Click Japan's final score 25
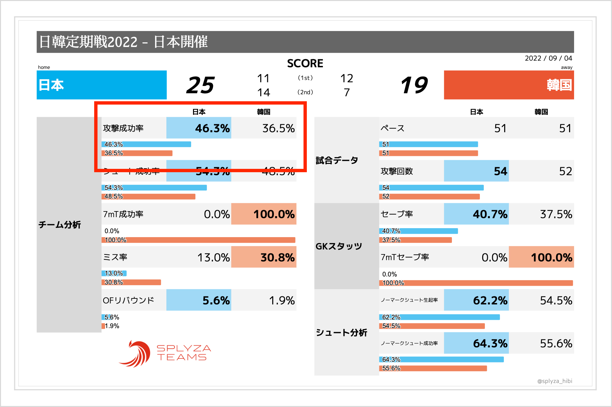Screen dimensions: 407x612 point(200,85)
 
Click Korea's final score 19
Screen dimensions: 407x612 point(414,85)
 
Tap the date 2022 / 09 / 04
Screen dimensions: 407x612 point(548,58)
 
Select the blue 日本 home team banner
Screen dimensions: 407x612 point(102,85)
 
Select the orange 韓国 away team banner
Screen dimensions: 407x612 point(509,85)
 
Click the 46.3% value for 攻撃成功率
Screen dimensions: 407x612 point(212,128)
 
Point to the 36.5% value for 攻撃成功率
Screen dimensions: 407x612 point(278,128)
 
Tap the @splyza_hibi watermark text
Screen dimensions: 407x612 point(554,381)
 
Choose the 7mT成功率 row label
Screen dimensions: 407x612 point(123,214)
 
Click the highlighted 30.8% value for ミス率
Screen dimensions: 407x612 point(277,257)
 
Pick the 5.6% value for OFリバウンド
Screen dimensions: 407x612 point(216,300)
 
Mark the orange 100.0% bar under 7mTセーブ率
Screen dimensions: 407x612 point(476,283)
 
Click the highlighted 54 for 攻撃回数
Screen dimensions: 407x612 point(500,171)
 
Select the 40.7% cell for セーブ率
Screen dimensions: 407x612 point(490,214)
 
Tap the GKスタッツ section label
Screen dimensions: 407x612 point(339,246)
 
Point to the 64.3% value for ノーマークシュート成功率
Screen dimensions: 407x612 point(490,343)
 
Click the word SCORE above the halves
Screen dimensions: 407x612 point(305,63)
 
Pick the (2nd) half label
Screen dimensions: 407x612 point(305,92)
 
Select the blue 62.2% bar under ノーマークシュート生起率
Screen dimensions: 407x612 point(439,317)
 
